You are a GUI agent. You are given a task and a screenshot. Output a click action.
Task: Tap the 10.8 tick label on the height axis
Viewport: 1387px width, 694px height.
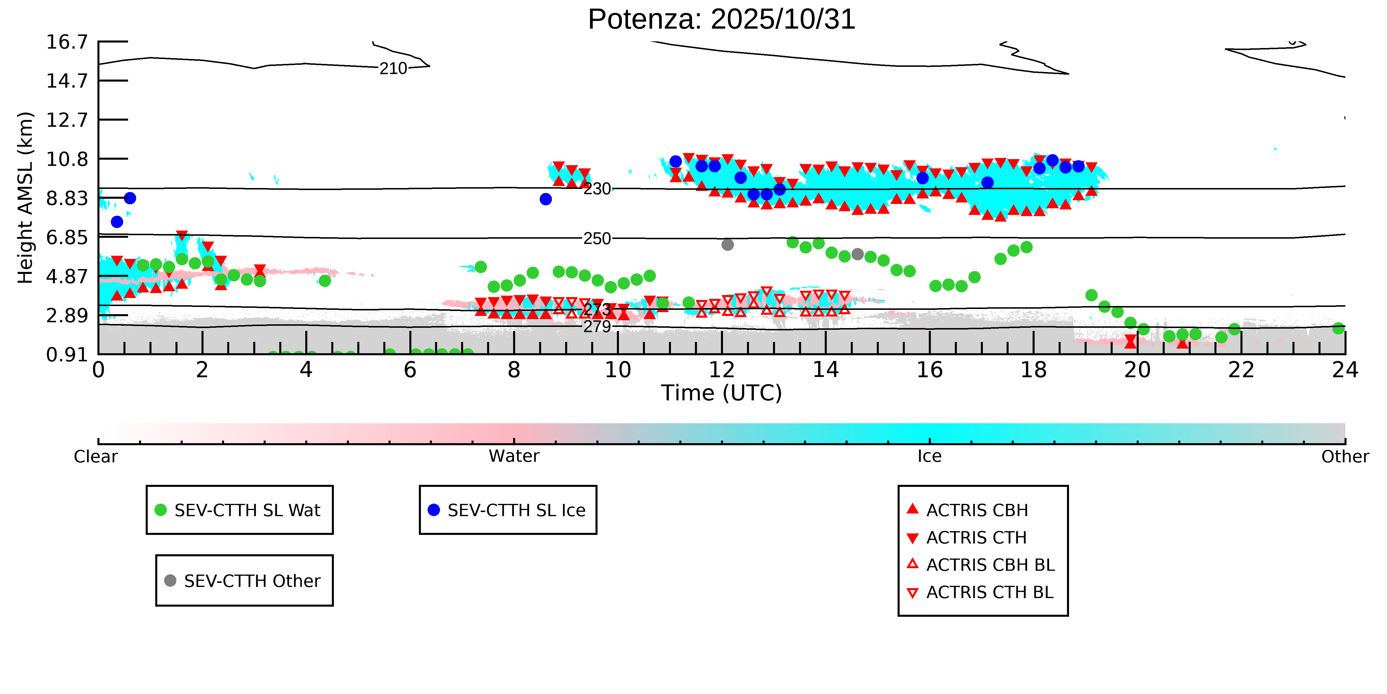click(67, 159)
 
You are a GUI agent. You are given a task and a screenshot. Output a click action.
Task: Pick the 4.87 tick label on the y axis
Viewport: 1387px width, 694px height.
click(67, 277)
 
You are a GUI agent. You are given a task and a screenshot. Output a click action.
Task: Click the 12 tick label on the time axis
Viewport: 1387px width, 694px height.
click(722, 370)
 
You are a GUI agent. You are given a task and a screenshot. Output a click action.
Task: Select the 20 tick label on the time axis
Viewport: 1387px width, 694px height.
click(1137, 370)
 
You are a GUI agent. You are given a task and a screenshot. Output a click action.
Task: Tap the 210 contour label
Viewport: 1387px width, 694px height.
click(393, 69)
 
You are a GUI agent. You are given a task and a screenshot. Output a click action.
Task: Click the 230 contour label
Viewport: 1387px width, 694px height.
click(597, 189)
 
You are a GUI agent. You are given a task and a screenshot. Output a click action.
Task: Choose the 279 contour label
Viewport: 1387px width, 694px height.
click(597, 327)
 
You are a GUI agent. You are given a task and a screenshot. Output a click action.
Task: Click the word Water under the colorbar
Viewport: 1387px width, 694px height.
click(514, 456)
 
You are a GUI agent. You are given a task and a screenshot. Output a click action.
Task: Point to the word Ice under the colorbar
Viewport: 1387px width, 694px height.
click(929, 456)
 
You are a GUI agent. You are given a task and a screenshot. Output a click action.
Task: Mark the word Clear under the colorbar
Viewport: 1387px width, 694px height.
click(96, 456)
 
